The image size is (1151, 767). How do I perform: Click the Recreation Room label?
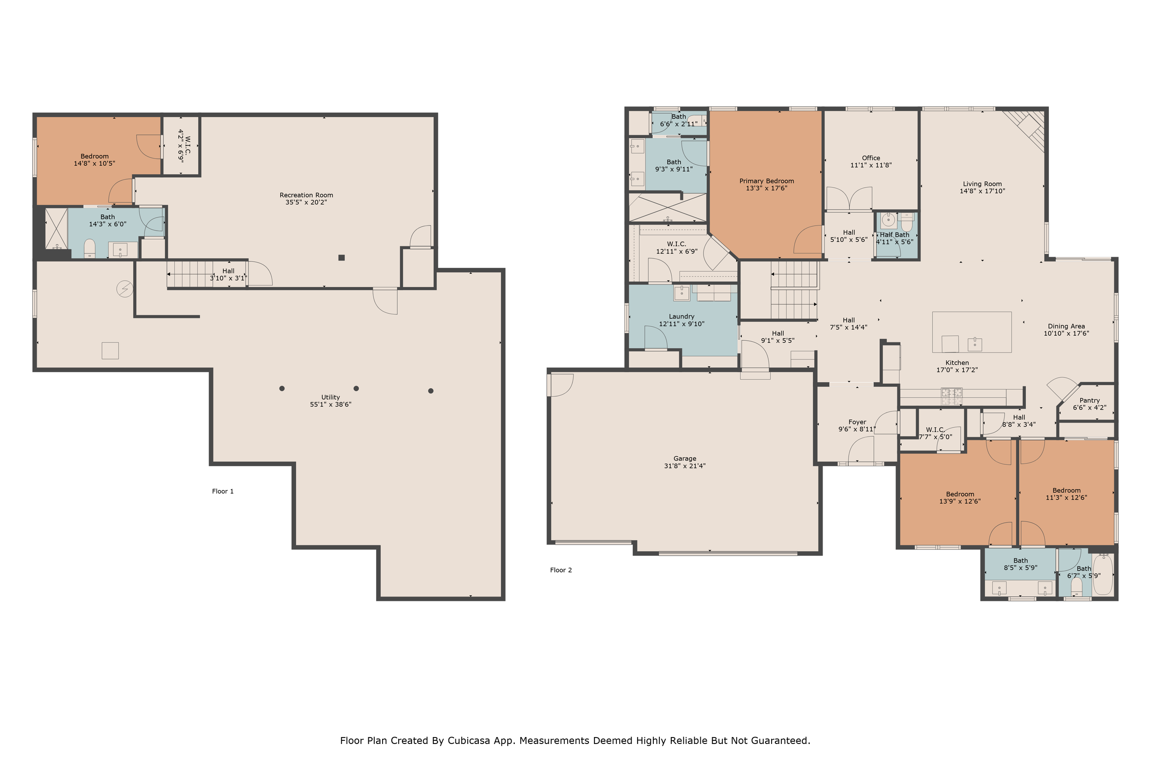[306, 195]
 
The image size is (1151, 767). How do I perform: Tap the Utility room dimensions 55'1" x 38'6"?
[331, 404]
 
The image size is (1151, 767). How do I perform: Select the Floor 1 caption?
[223, 491]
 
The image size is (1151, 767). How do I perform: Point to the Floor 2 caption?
[561, 570]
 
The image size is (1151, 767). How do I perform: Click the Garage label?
[685, 459]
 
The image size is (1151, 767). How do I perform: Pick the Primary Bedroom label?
[767, 181]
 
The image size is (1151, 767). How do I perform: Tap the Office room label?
[871, 158]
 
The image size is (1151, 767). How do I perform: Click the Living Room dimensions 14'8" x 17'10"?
[982, 191]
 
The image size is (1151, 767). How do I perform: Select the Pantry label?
[1090, 400]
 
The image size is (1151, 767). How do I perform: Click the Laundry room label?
[682, 317]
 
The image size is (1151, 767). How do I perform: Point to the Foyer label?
[857, 421]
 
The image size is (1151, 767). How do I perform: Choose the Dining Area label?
[1066, 326]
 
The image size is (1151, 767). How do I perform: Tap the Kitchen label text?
[957, 363]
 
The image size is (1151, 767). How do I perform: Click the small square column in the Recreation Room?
[342, 258]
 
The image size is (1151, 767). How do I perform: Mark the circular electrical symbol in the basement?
[125, 289]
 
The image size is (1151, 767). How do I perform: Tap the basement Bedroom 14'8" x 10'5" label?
[94, 160]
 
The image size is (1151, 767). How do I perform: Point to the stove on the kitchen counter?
[952, 396]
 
